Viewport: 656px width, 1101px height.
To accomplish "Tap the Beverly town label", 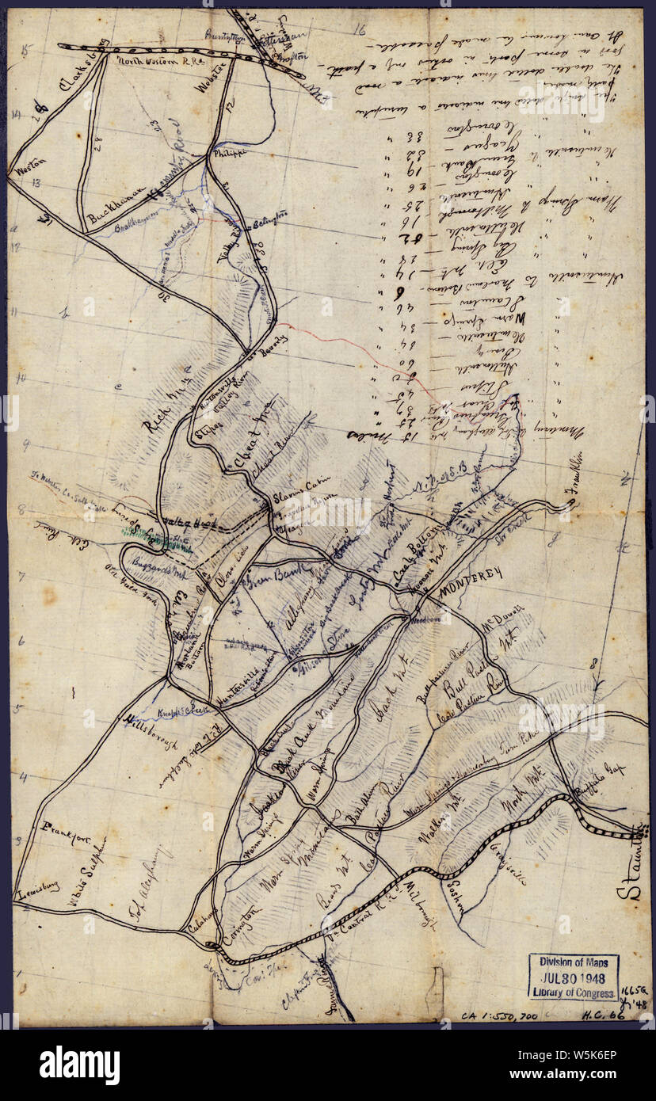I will [273, 341].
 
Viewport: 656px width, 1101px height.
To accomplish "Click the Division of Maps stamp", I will [574, 962].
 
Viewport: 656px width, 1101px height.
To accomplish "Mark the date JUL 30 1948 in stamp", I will [574, 977].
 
